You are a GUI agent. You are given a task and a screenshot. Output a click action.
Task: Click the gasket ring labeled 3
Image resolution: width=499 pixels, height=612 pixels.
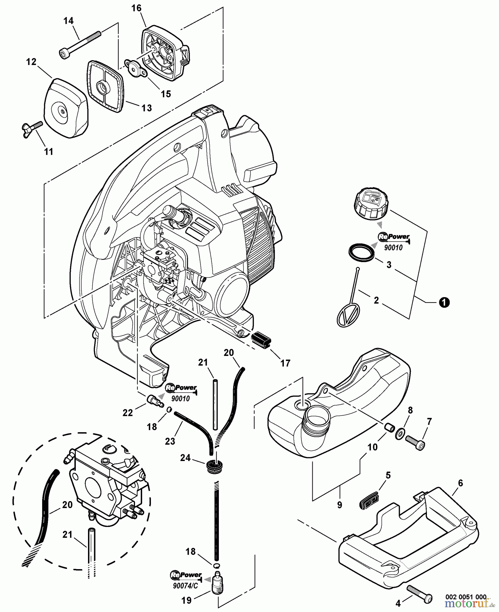click(362, 253)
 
